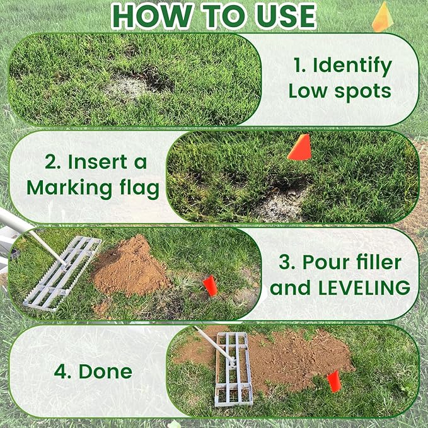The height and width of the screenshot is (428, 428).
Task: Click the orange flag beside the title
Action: pos(383,18)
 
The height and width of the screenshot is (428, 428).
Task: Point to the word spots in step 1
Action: pos(364,91)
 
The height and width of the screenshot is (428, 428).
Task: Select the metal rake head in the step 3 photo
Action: pos(62,272)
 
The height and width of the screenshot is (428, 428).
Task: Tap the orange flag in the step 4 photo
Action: pos(334,380)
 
